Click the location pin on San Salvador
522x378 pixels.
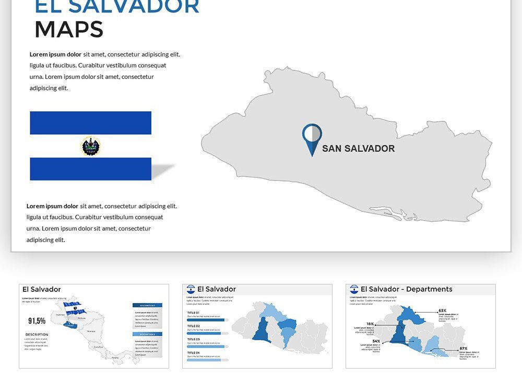point(312,137)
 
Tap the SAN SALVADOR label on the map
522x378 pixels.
point(358,148)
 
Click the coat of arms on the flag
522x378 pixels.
point(91,146)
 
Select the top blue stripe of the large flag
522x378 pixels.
point(90,123)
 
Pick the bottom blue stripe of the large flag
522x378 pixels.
point(90,169)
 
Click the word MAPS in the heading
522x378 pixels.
point(69,30)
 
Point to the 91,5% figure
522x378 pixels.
point(37,320)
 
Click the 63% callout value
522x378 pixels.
point(442,311)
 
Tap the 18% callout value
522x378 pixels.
point(370,324)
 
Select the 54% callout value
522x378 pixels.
point(376,341)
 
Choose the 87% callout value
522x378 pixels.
point(463,348)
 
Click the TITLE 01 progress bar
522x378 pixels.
point(207,319)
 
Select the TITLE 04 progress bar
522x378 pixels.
point(207,359)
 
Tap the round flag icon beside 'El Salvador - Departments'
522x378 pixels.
point(354,289)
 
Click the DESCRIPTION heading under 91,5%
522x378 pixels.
point(37,335)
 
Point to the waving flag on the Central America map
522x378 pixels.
point(72,304)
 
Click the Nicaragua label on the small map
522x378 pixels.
point(91,331)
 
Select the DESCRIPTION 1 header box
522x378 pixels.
point(147,305)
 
